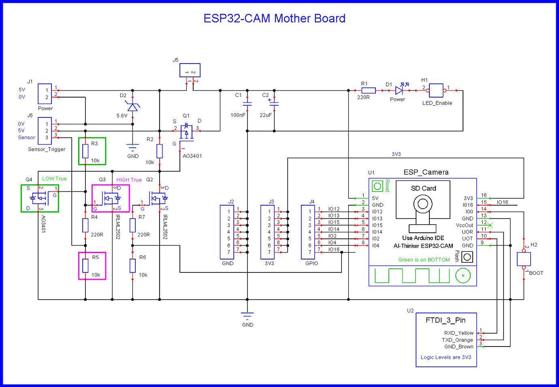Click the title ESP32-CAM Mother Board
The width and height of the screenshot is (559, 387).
(x=274, y=18)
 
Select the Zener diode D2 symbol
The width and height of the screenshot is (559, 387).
(x=132, y=107)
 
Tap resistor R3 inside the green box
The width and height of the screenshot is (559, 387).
(x=85, y=151)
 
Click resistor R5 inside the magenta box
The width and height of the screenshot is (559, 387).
(x=85, y=266)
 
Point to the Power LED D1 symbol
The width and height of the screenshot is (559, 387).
(x=399, y=90)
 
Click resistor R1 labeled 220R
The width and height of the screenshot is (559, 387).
(x=368, y=90)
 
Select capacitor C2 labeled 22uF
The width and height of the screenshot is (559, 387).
(x=274, y=105)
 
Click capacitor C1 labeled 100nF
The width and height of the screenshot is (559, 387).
(x=247, y=105)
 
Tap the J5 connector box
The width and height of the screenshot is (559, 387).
(x=190, y=70)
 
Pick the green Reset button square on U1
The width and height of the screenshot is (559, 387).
(x=378, y=186)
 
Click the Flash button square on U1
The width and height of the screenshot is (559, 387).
(x=467, y=257)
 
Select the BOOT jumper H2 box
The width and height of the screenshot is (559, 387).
(x=524, y=259)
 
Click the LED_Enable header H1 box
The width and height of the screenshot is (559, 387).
(x=436, y=90)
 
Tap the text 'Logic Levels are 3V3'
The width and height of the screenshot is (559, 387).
(x=446, y=357)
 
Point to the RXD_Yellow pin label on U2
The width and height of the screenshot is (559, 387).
(x=459, y=333)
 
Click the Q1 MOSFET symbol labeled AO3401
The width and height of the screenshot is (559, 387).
(x=186, y=132)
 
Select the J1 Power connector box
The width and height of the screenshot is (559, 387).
(x=45, y=94)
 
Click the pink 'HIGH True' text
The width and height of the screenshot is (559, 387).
(x=129, y=180)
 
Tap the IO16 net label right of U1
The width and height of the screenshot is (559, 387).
(x=502, y=202)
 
